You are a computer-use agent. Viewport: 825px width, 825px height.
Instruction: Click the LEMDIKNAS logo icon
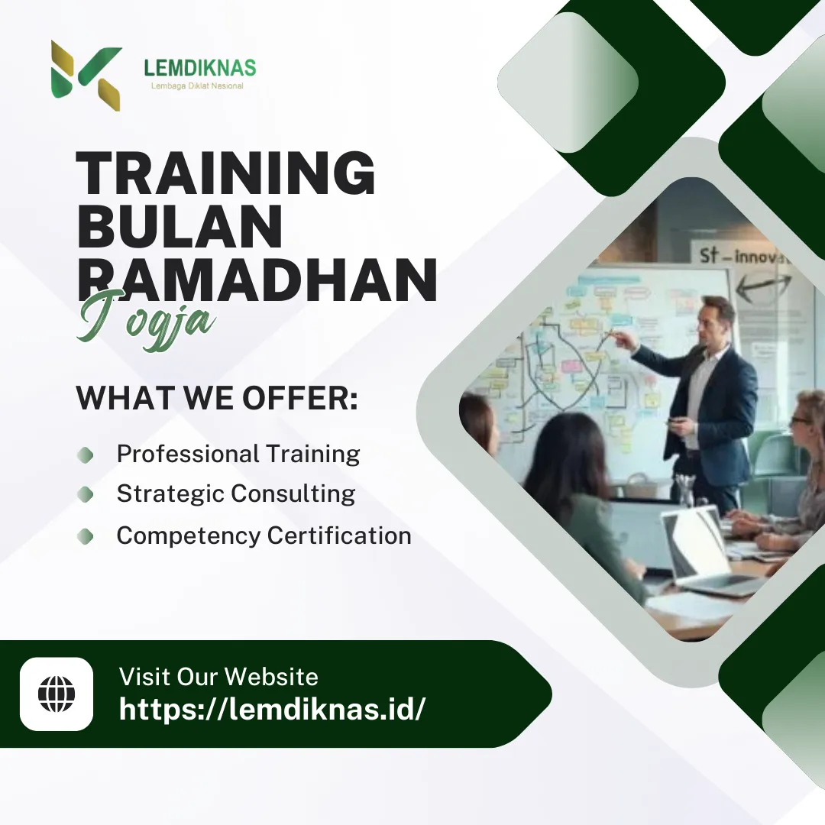[86, 74]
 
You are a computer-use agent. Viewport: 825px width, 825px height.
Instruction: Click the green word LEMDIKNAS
[199, 68]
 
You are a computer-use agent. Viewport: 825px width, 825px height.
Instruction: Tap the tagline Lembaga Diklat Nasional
[197, 86]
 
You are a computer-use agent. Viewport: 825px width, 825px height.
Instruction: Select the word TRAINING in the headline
[226, 174]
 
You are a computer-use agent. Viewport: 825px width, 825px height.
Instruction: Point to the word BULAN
[180, 227]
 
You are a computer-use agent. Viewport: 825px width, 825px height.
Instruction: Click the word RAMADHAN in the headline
[257, 280]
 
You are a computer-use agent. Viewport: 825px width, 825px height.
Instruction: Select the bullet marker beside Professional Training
[86, 455]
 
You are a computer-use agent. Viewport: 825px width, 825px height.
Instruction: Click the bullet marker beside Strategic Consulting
[86, 495]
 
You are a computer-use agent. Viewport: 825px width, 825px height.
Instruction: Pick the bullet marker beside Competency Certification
[86, 536]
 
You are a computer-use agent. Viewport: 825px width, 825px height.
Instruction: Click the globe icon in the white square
[57, 694]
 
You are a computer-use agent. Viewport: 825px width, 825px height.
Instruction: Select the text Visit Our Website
[218, 676]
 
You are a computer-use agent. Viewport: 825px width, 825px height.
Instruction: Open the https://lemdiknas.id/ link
[272, 710]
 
